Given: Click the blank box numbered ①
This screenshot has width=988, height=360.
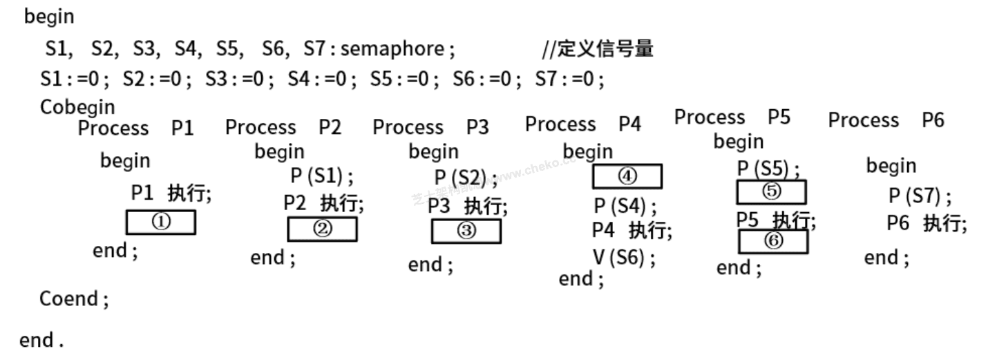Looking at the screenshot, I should click(160, 222).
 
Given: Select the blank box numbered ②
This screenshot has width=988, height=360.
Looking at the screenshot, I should click(322, 229).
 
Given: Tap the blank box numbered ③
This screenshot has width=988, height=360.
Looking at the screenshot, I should click(466, 231).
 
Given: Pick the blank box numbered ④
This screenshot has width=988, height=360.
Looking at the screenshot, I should click(627, 177).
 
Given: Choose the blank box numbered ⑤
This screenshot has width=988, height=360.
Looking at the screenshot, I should click(771, 191).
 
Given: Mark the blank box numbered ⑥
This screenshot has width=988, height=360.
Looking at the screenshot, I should click(774, 241).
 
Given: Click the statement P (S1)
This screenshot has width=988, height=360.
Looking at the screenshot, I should click(321, 176).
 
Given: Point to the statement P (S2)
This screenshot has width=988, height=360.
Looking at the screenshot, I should click(466, 178).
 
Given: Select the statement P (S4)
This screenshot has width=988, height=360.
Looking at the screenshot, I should click(625, 206).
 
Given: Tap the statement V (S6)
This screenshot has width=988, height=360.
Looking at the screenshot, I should click(624, 258).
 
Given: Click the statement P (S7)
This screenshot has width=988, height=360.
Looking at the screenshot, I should click(920, 196).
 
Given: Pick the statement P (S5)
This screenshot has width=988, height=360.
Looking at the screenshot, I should click(769, 169).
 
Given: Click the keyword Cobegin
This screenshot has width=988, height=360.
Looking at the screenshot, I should click(78, 108).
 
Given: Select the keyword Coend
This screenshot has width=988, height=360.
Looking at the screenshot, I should click(74, 299).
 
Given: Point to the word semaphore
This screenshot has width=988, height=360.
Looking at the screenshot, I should click(392, 49).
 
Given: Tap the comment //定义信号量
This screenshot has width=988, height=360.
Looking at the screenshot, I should click(598, 49).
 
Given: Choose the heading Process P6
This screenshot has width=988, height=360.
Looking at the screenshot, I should click(886, 120).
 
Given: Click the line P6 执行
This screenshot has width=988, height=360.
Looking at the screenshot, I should click(927, 224).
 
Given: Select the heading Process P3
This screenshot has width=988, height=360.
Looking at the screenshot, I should click(430, 127).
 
